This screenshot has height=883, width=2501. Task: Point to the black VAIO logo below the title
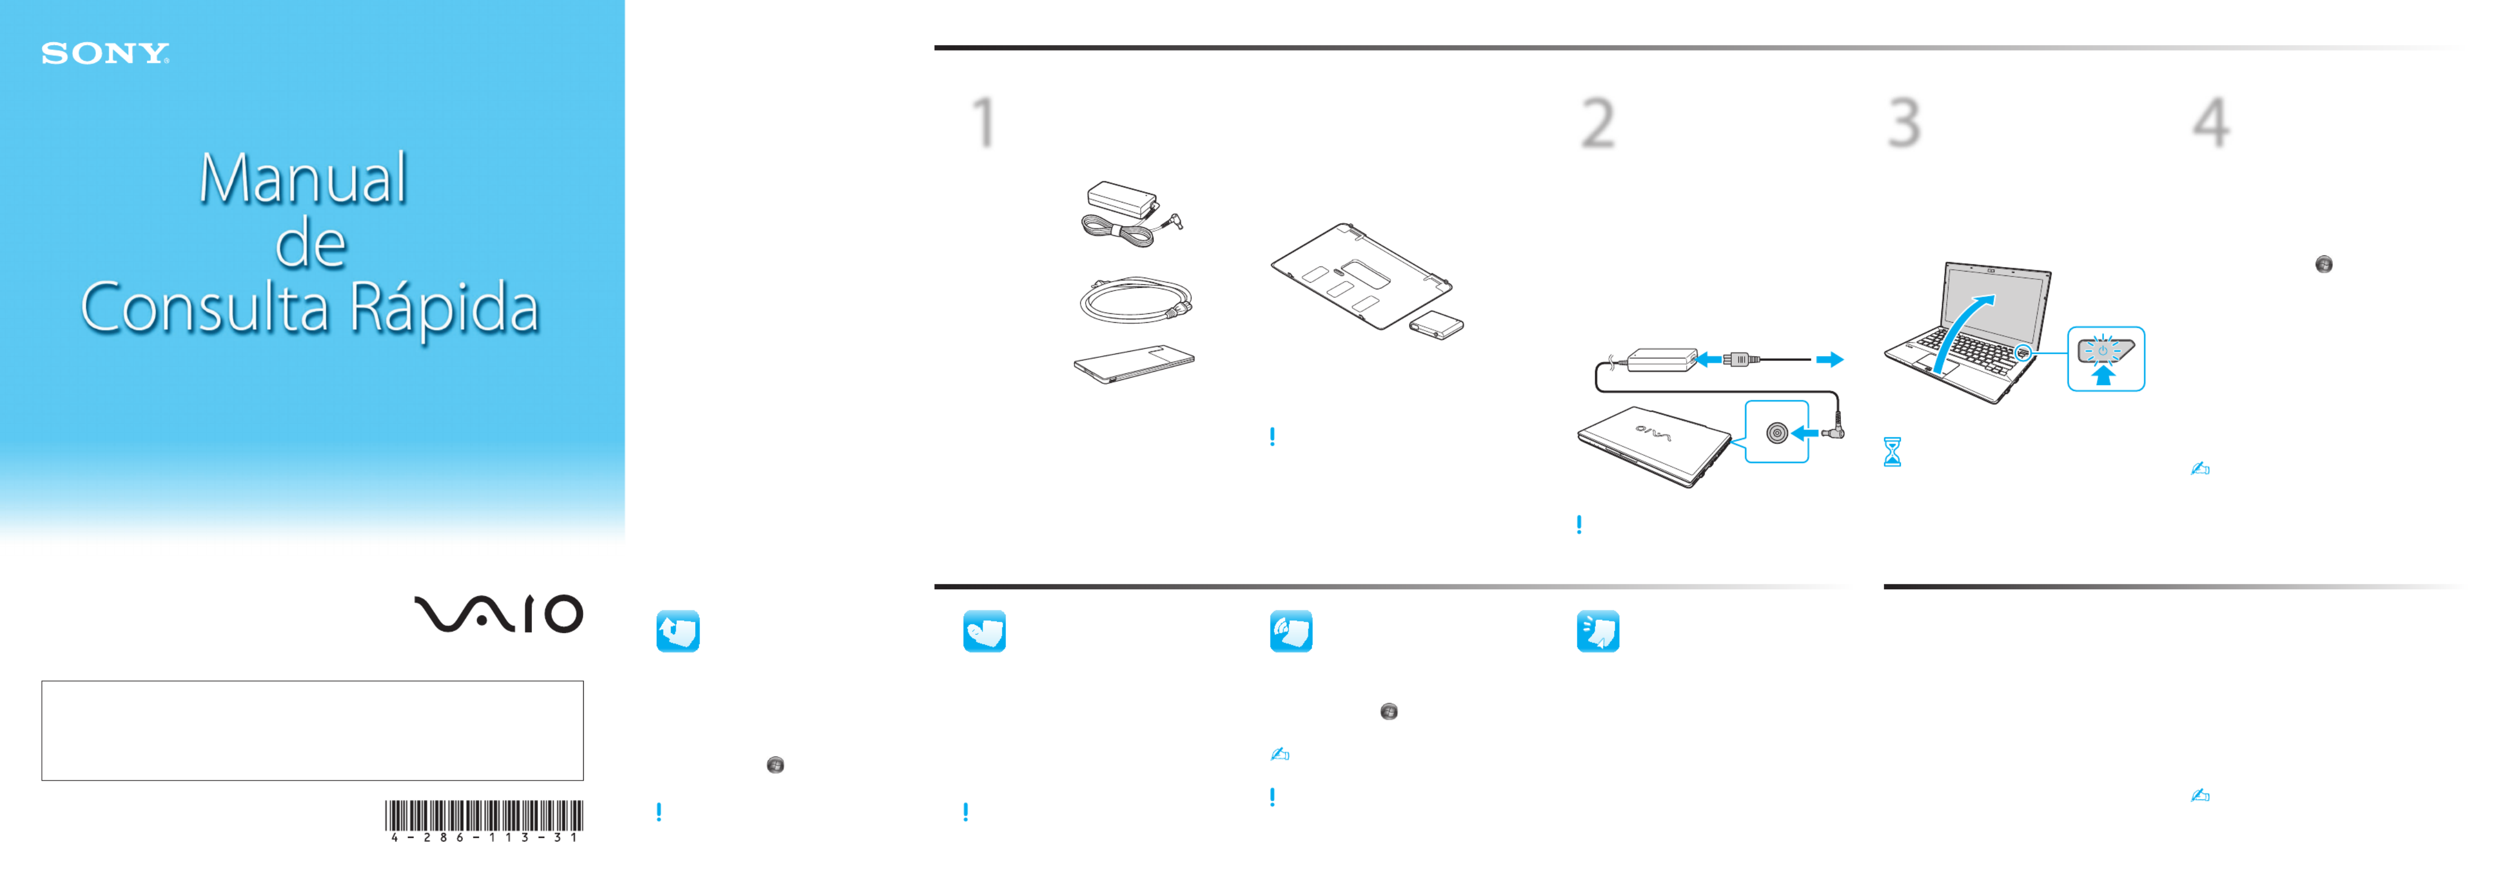point(498,613)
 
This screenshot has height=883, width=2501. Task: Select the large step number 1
point(984,122)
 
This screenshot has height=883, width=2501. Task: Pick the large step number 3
point(1904,123)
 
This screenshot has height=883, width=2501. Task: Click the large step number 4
point(2211,123)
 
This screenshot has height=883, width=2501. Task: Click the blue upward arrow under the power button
point(2103,374)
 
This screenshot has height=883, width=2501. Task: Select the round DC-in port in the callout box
point(1777,433)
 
